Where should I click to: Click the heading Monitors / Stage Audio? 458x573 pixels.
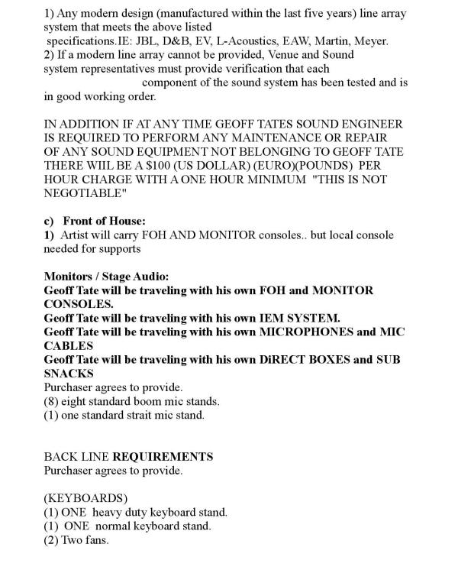coord(106,277)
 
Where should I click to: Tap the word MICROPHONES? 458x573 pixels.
coord(305,332)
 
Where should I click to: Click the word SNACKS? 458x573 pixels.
coord(69,373)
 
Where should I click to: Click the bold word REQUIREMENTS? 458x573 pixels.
coord(162,457)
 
